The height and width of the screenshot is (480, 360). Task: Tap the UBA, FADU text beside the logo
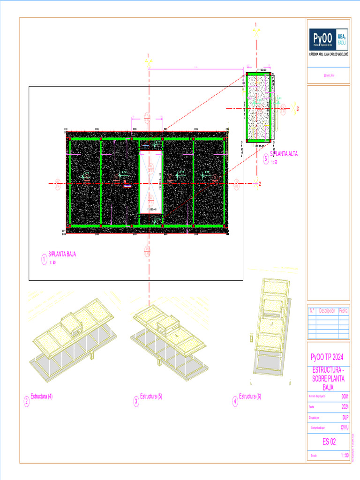(x=342, y=39)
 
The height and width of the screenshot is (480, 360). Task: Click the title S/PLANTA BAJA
(x=62, y=254)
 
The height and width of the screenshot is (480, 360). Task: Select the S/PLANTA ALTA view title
(x=284, y=154)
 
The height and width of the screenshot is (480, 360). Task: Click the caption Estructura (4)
(x=41, y=396)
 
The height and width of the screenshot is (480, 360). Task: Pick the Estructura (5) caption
(x=151, y=397)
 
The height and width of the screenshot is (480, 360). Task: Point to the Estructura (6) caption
(x=250, y=397)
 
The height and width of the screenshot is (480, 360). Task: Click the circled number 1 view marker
(x=44, y=259)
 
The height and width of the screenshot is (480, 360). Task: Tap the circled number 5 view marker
(x=266, y=159)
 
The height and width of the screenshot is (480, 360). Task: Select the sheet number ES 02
(x=329, y=441)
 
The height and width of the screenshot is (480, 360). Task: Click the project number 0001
(x=345, y=397)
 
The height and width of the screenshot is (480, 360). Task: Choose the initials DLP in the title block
(x=345, y=417)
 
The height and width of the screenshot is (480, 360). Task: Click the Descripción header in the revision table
(x=327, y=310)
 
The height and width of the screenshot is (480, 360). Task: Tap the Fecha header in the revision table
(x=344, y=310)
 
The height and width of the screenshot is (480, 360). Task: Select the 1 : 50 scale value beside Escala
(x=344, y=455)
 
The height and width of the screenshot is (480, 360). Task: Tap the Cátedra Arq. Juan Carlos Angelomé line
(x=328, y=54)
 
